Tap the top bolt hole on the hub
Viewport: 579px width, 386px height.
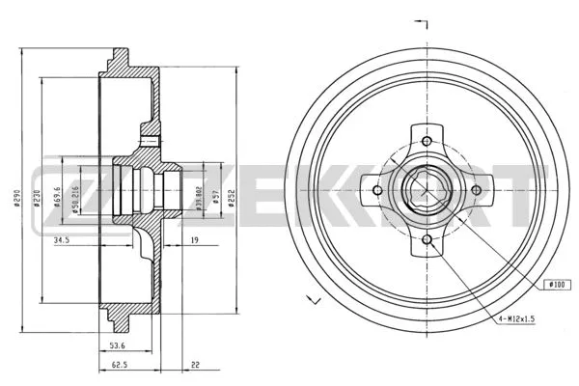point(425,141)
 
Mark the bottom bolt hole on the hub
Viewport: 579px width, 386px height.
point(425,237)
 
